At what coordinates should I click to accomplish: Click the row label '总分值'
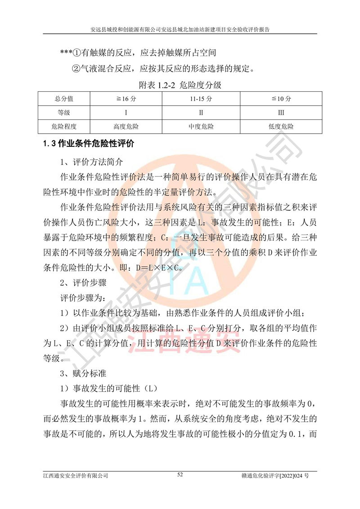point(64,99)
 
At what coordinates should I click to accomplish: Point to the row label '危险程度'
point(64,126)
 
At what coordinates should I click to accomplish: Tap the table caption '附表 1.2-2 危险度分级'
point(180,84)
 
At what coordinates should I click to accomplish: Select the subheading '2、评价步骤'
point(84,283)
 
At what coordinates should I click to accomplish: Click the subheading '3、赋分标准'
point(84,373)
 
